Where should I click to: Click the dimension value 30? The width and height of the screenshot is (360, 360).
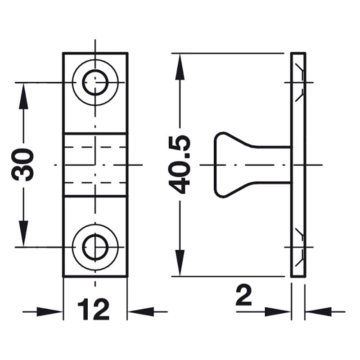22,165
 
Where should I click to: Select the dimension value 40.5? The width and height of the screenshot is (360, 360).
179,165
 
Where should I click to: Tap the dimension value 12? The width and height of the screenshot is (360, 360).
94,309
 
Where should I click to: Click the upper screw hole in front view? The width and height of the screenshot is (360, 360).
95,82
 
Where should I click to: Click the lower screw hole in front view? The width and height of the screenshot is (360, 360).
95,247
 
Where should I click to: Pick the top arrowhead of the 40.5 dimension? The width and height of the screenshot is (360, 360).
180,67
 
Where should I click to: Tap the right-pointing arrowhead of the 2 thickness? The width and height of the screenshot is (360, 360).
278,311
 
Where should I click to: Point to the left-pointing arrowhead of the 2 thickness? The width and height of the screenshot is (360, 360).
318,311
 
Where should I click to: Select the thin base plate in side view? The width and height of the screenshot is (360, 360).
298,165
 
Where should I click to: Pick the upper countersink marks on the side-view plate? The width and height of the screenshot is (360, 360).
299,82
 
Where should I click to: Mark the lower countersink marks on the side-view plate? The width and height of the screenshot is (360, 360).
299,247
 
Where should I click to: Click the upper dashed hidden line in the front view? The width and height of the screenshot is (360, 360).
95,147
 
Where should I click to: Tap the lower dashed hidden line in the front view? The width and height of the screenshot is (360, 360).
95,183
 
